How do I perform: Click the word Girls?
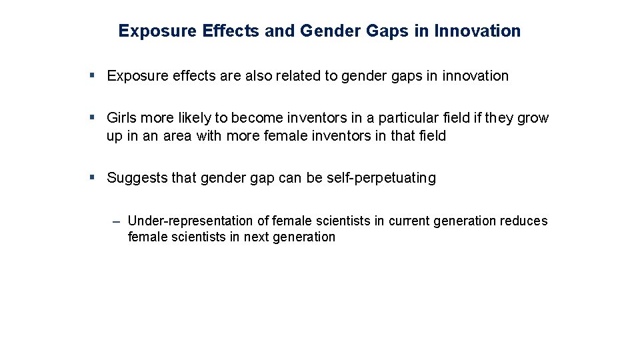pos(121,118)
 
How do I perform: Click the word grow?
pos(533,118)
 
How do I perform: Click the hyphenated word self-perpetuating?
pos(381,178)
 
